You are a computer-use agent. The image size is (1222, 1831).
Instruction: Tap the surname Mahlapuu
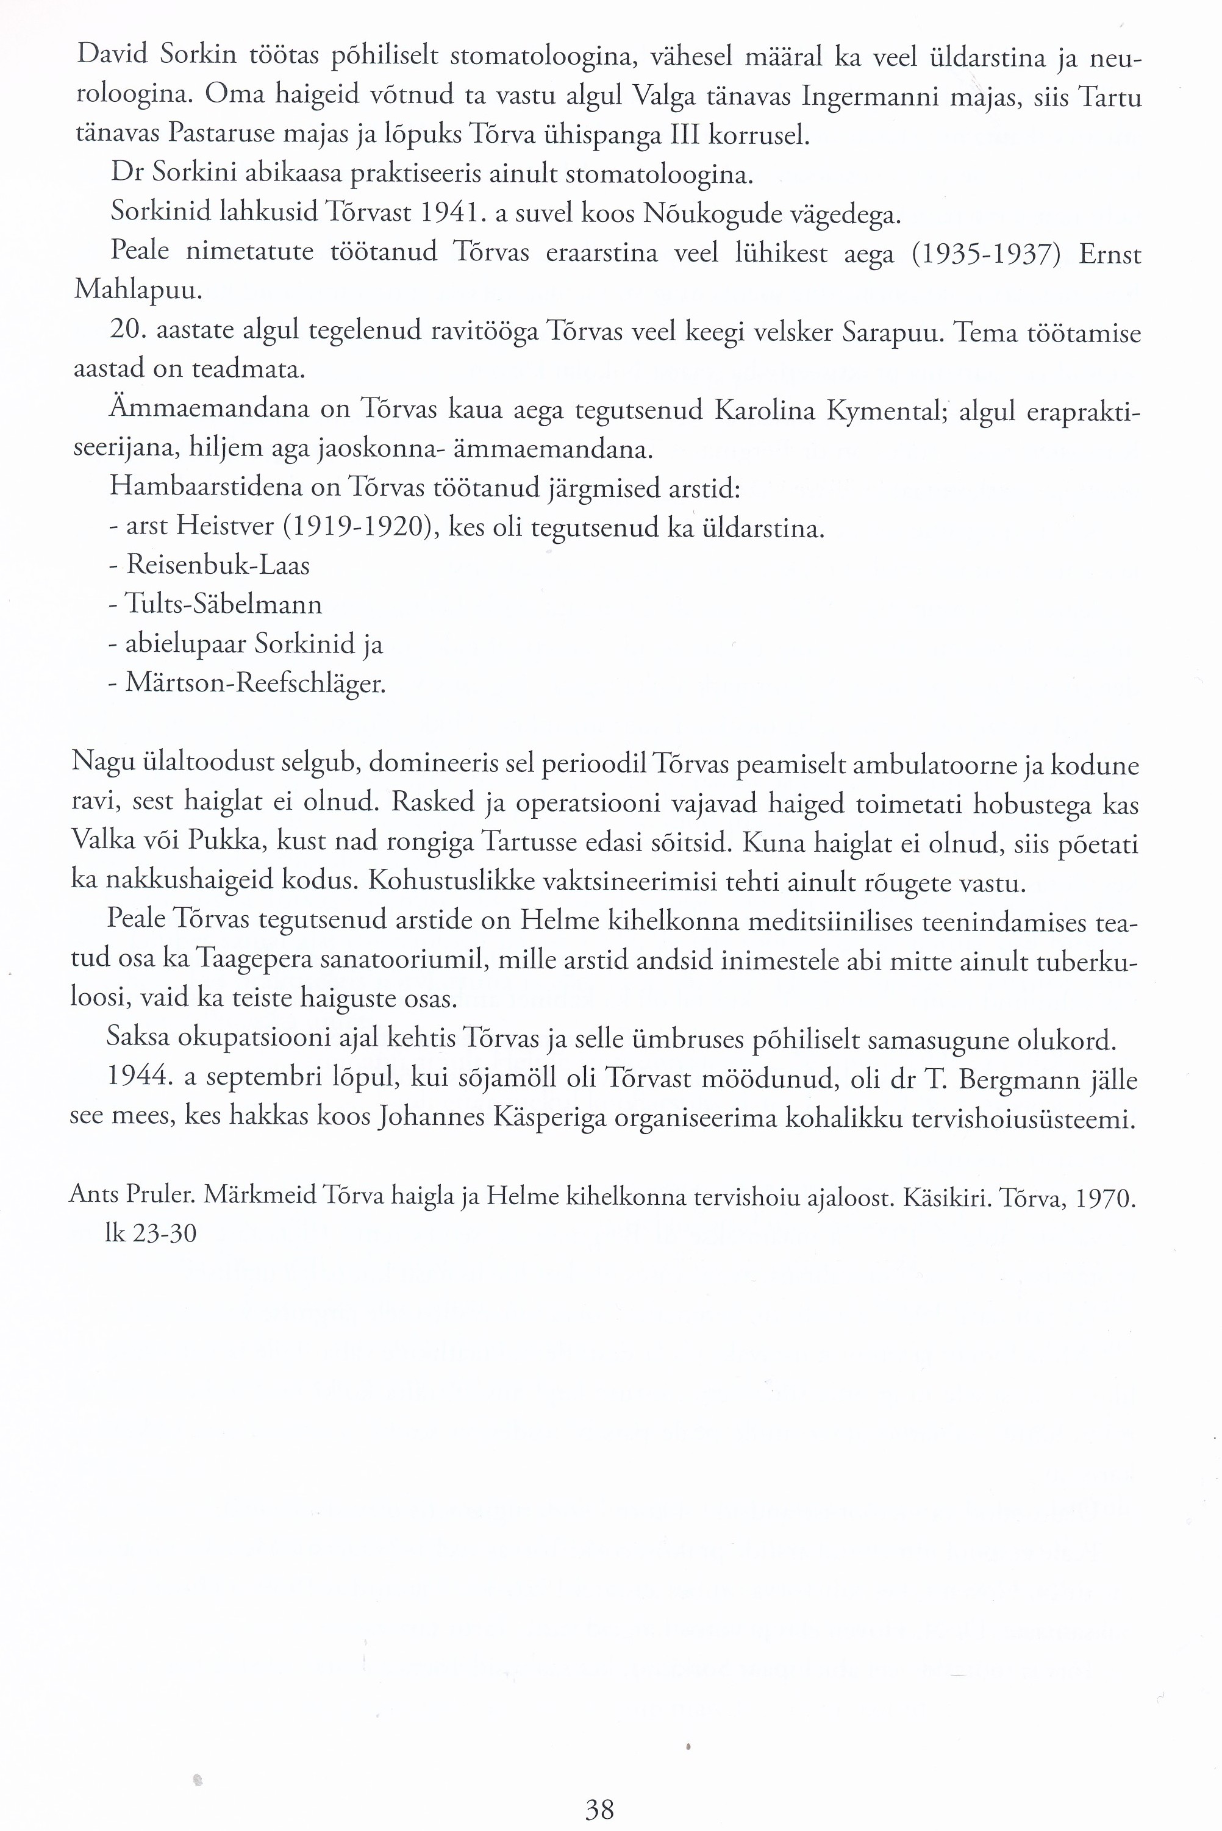(138, 291)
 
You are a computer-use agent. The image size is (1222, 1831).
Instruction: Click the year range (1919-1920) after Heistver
(357, 527)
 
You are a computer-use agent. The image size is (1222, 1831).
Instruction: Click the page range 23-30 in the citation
(165, 1233)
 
